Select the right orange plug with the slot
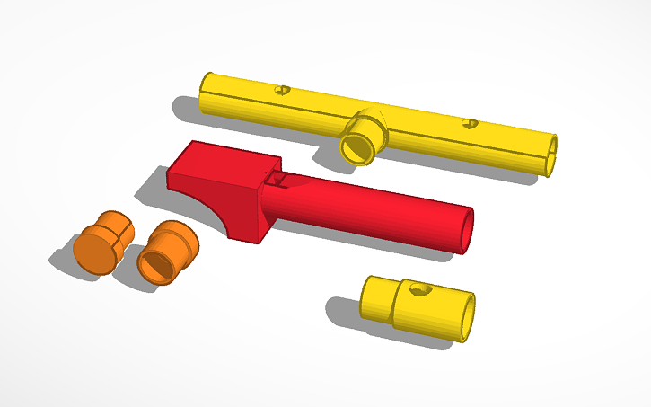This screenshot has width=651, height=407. tap(168, 252)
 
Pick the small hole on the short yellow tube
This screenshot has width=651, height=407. tap(418, 289)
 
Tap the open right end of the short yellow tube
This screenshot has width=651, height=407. tap(466, 318)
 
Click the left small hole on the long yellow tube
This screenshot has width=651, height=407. tap(284, 90)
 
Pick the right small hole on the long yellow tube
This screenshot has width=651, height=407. tap(468, 123)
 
